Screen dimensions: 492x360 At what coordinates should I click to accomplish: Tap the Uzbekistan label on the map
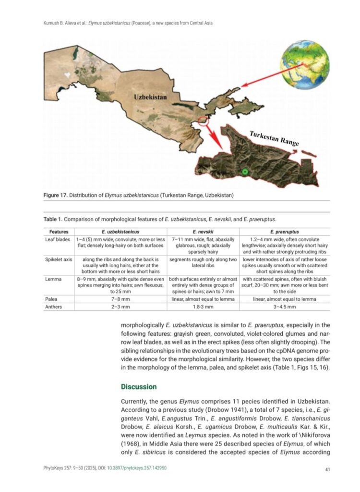click(x=150, y=97)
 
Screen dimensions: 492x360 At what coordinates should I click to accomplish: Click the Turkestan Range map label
click(x=274, y=137)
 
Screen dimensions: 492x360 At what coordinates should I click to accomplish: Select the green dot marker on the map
click(x=245, y=172)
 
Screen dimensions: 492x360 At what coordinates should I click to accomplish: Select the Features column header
click(x=58, y=232)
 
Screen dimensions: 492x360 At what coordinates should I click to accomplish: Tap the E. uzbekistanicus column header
click(x=120, y=232)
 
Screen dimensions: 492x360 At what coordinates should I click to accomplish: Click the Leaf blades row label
click(x=58, y=239)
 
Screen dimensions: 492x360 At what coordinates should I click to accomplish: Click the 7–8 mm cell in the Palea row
click(x=120, y=299)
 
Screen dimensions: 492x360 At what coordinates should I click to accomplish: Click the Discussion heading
click(x=139, y=386)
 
